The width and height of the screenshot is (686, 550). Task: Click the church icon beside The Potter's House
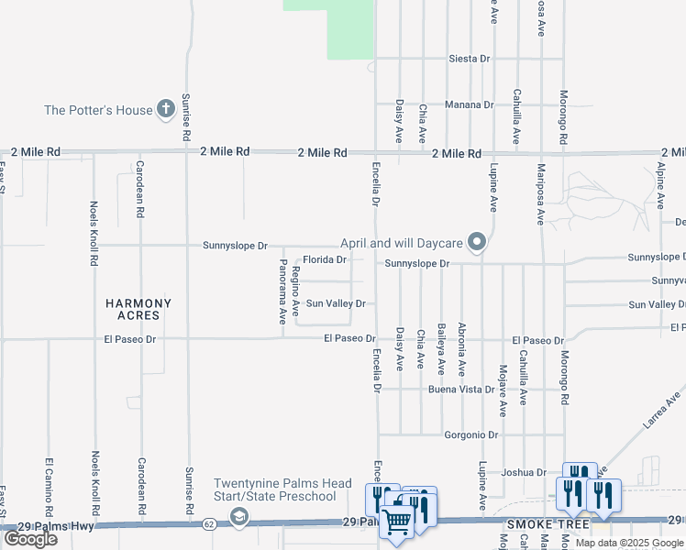pos(166,110)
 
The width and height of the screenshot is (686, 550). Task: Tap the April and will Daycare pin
pos(476,243)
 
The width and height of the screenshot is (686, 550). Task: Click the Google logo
pos(30,539)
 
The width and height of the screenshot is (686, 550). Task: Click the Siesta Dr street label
pos(470,59)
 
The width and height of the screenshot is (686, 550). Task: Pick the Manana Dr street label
pos(470,104)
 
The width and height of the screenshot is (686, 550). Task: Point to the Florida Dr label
pos(326,259)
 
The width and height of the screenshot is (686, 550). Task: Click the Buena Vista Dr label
pos(469,389)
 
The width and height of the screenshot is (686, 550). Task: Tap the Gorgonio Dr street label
pos(470,434)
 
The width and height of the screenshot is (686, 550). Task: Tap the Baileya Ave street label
pos(441,354)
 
